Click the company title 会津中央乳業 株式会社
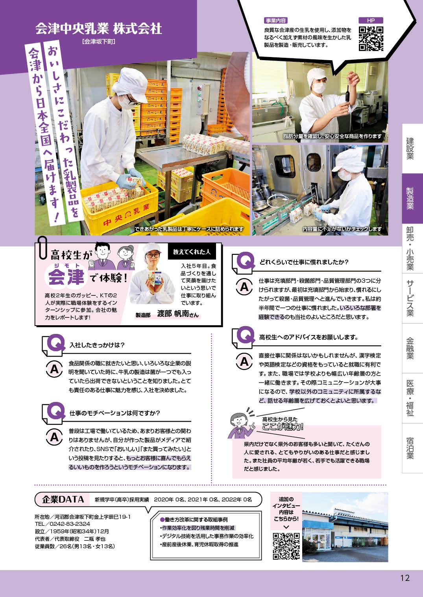98,28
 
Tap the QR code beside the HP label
371,39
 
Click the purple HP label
371,20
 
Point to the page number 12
405,578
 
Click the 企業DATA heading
63,499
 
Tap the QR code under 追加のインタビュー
286,546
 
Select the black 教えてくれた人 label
192,252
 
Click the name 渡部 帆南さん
177,314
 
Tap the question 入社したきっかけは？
97,345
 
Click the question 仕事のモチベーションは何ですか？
115,413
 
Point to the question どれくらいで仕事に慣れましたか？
304,262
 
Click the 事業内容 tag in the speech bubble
276,20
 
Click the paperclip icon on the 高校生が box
42,247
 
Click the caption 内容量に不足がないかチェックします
342,229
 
